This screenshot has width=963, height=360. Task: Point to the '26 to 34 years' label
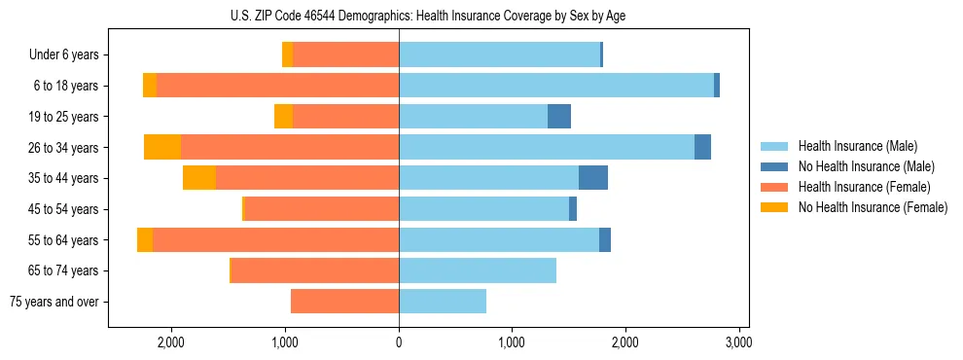tap(65, 148)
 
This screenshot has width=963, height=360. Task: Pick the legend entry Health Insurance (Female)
tap(863, 187)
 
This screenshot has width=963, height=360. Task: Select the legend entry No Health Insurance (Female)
tap(873, 207)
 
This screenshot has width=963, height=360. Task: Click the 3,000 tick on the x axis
tap(738, 343)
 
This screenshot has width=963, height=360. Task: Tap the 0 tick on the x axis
tap(399, 343)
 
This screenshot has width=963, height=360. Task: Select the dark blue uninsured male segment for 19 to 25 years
tap(559, 117)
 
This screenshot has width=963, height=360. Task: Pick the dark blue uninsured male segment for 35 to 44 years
tap(593, 178)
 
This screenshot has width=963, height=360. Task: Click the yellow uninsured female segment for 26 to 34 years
tap(162, 147)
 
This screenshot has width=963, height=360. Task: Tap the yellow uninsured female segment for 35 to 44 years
tap(199, 178)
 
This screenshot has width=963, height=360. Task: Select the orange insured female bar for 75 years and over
tap(345, 302)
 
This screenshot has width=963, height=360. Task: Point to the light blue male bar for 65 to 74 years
tap(478, 270)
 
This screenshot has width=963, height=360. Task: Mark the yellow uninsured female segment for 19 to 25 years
tap(283, 117)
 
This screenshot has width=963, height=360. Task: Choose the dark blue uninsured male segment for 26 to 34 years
tap(702, 147)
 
